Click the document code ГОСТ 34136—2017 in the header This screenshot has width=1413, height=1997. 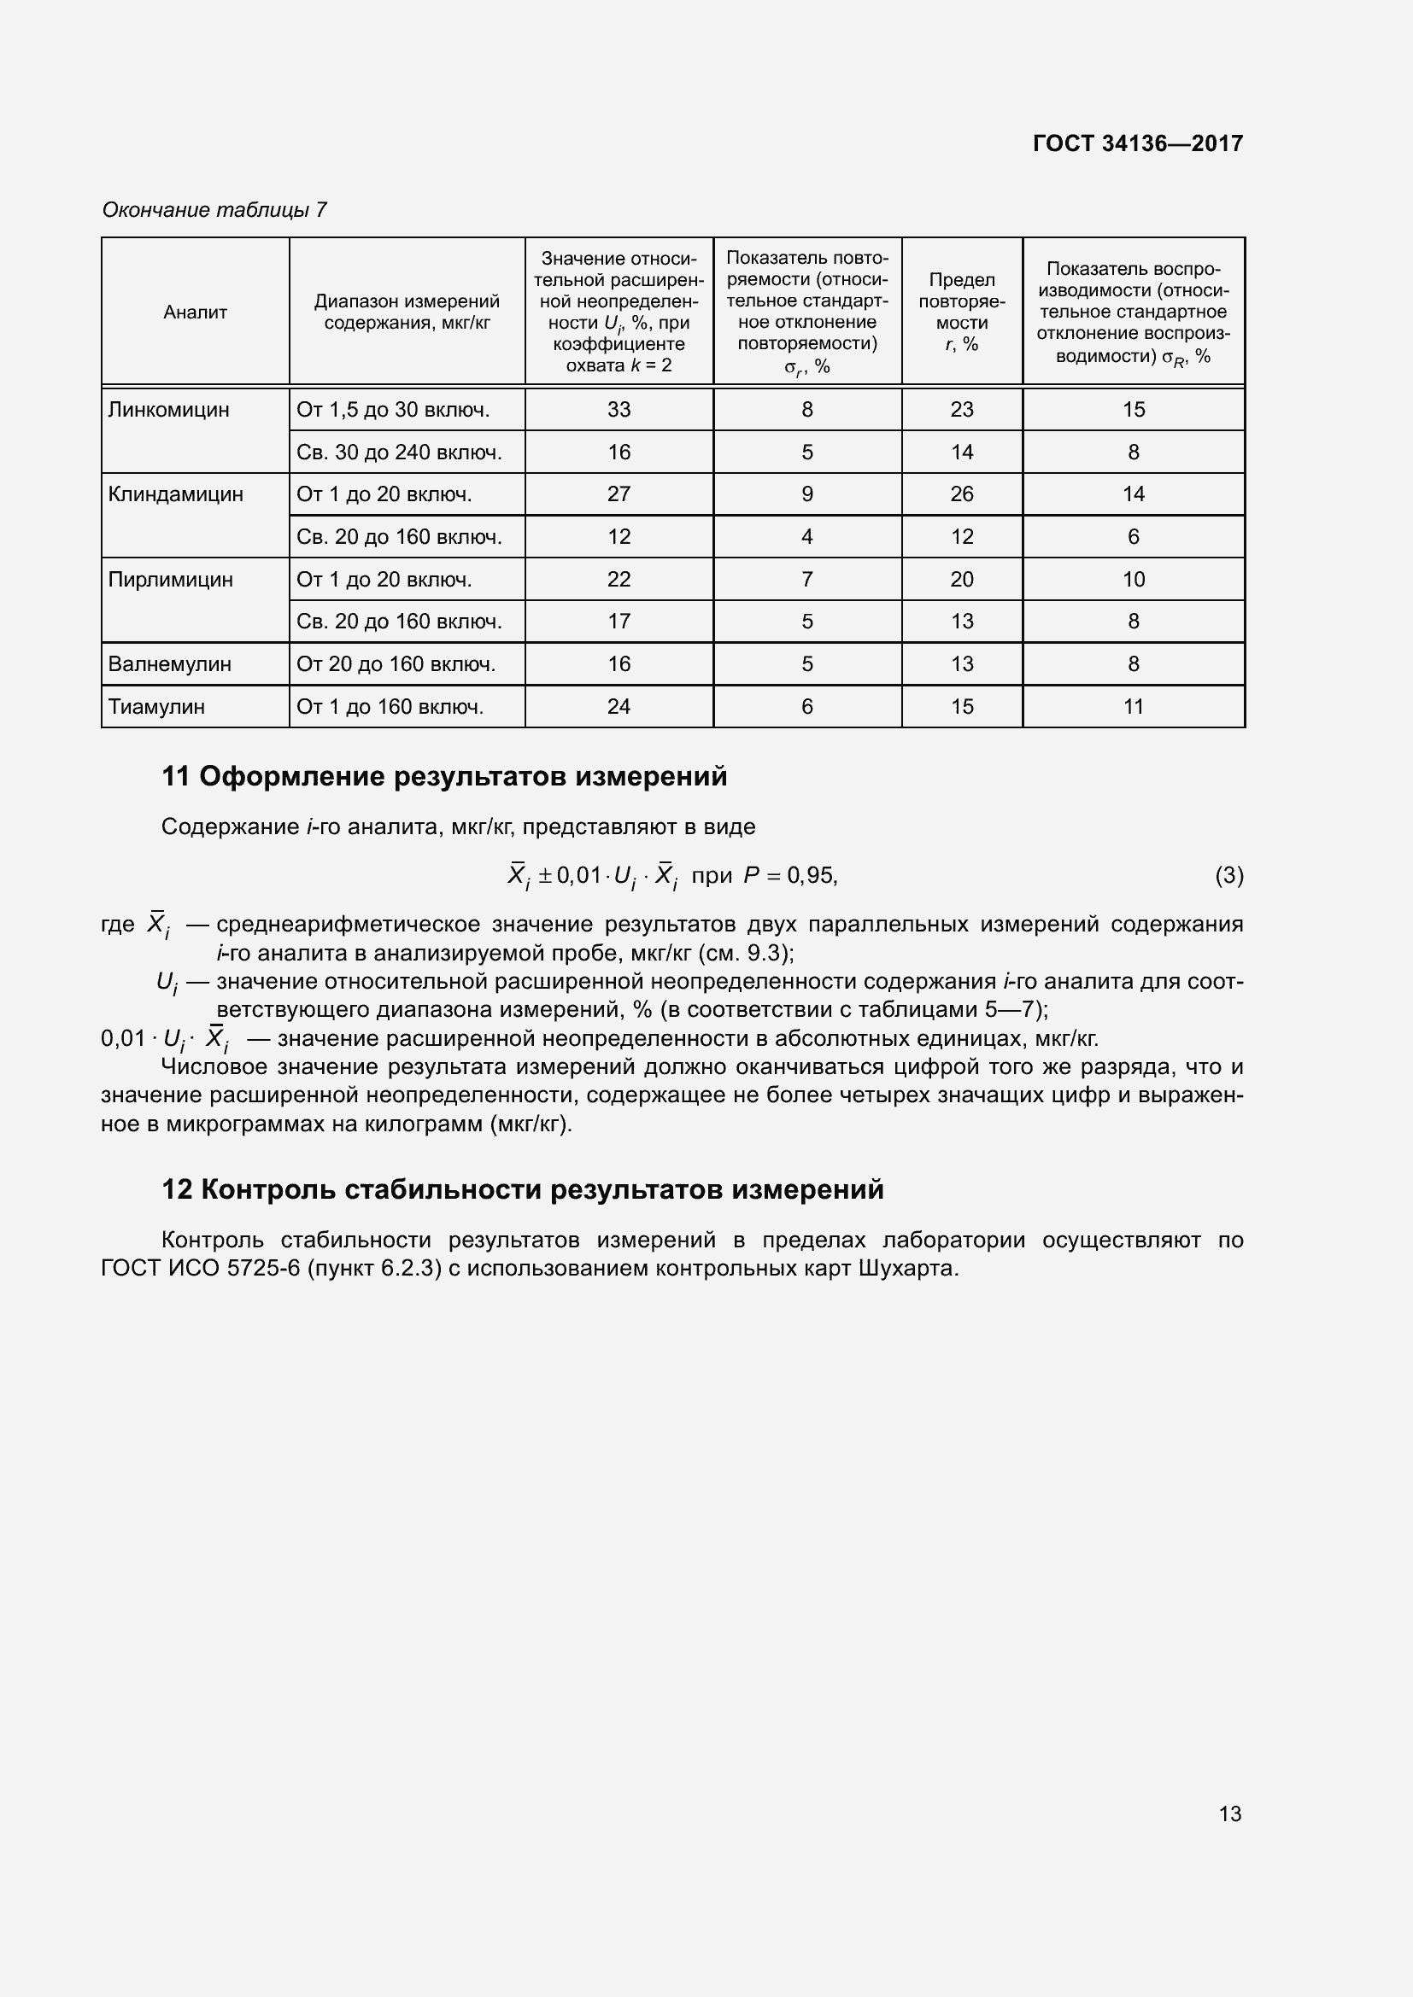point(1137,143)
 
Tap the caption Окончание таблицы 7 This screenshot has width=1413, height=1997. point(214,210)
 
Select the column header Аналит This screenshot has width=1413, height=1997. point(195,312)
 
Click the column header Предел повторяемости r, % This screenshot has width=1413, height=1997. point(961,312)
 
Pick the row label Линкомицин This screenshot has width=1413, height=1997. point(169,410)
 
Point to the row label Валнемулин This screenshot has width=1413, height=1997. point(170,664)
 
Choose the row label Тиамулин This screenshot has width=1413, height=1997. point(156,707)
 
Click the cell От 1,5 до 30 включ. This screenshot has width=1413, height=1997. point(393,410)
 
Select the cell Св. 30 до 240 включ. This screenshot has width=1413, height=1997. point(399,453)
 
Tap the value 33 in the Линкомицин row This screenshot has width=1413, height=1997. point(619,410)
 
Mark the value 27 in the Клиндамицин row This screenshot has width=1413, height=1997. point(619,494)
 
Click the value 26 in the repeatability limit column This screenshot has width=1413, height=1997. point(961,494)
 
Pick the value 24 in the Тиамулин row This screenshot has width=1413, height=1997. point(619,707)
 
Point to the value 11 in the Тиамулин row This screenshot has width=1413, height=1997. point(1133,707)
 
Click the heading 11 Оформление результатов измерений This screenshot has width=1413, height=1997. point(443,777)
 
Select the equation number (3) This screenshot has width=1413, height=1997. point(1228,876)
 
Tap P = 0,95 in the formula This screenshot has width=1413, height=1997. point(790,876)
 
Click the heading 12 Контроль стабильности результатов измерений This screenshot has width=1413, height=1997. point(522,1190)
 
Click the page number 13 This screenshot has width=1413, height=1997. point(1229,1813)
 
